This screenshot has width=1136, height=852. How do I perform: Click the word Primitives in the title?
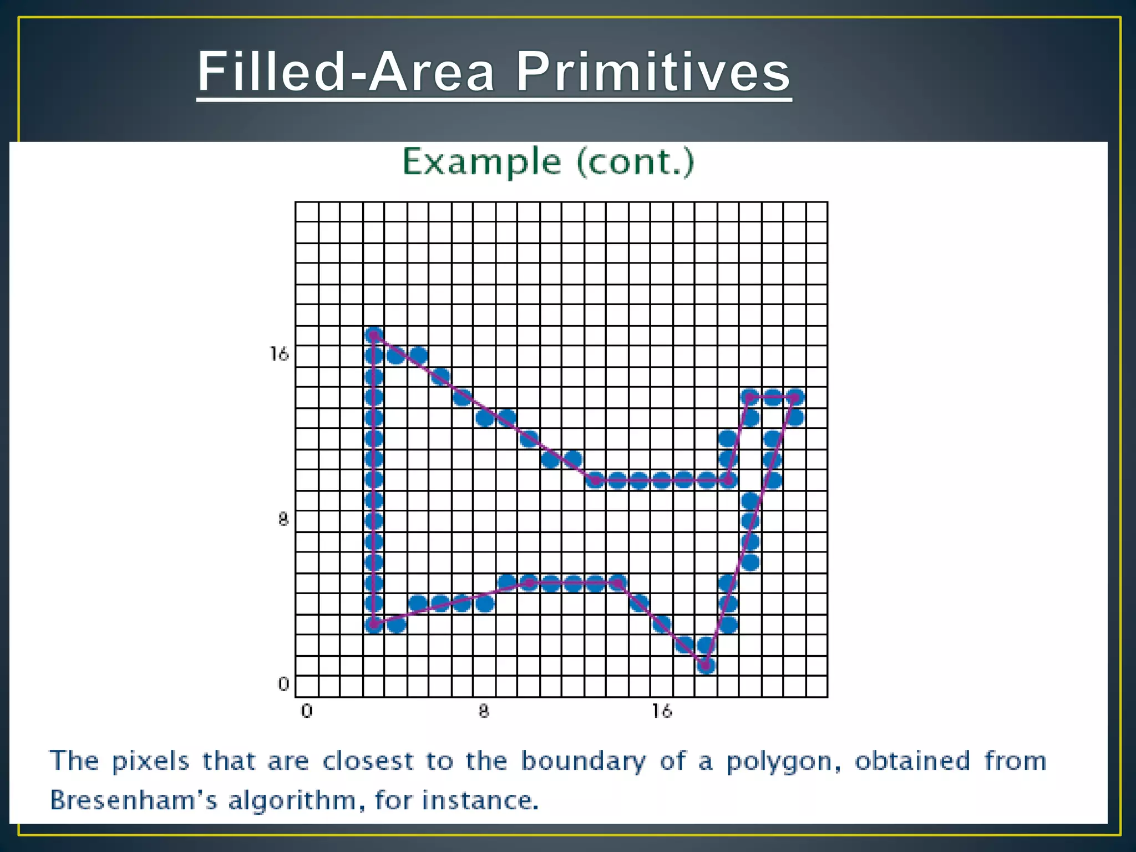653,72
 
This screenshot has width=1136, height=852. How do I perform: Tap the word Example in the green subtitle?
481,162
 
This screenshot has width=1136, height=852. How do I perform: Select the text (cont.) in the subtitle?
636,162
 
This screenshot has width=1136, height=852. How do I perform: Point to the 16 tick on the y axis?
279,354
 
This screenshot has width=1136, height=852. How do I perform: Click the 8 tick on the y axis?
283,520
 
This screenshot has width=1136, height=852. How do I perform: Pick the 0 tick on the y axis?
283,684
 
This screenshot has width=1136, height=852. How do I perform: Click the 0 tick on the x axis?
307,711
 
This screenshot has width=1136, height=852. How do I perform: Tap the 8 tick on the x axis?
484,711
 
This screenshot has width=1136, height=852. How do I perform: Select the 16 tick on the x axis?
661,711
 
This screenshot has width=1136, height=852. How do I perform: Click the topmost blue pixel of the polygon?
374,335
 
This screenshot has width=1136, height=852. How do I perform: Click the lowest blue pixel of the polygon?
706,665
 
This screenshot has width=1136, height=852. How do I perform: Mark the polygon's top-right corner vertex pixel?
795,397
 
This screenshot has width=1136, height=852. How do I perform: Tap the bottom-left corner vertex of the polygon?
374,625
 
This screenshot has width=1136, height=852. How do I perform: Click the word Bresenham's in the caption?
133,800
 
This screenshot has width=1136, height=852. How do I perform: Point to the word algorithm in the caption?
292,801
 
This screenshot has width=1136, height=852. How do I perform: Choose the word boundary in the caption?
583,761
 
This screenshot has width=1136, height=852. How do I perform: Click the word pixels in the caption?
150,761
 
